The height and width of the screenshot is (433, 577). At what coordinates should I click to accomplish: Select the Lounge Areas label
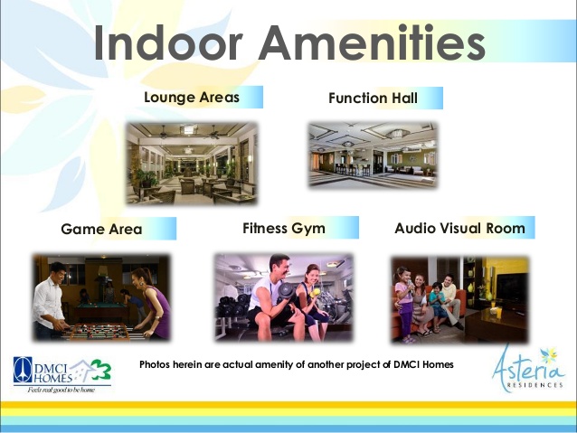192,97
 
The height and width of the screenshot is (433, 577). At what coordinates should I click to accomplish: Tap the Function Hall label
373,99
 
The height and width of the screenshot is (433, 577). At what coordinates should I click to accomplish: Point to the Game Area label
101,230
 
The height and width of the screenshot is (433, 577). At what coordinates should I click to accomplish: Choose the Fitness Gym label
284,229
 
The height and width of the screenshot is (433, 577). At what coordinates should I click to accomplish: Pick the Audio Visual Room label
459,228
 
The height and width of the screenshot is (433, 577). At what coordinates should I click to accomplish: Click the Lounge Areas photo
192,164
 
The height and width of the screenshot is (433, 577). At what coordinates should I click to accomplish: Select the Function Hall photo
373,155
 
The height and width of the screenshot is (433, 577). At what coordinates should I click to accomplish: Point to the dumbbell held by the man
286,291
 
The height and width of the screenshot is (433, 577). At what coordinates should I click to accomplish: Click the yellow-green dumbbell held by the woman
316,293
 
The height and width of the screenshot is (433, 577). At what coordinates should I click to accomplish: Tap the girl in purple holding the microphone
403,304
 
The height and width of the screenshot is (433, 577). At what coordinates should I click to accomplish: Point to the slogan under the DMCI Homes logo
61,390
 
